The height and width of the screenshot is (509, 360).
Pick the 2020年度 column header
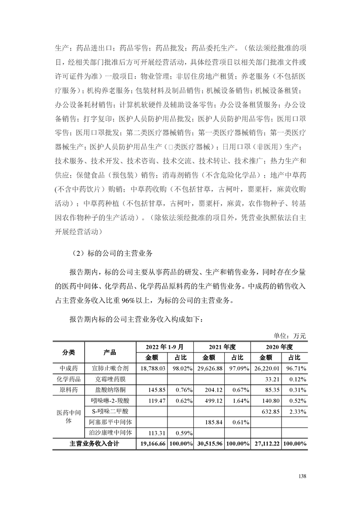click(280, 347)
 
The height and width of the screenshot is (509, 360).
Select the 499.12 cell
click(213, 401)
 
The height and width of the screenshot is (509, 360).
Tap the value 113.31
click(154, 433)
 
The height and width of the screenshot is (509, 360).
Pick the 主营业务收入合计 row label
click(94, 444)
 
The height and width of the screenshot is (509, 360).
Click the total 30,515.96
click(209, 444)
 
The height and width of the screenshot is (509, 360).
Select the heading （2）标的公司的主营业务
click(113, 254)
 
